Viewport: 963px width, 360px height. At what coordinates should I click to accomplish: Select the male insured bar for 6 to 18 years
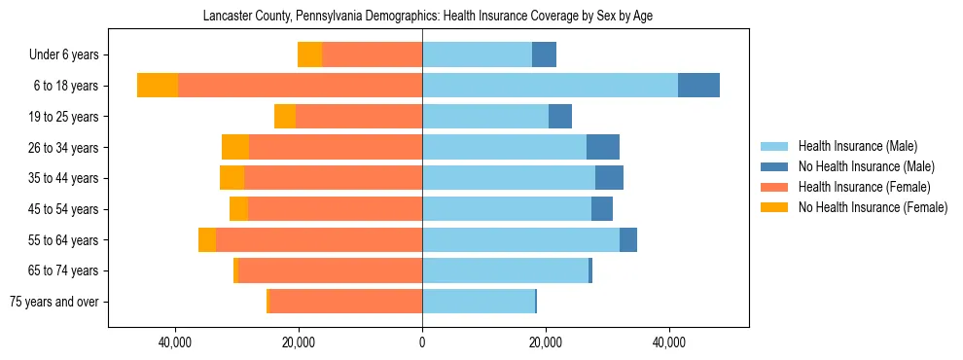click(550, 86)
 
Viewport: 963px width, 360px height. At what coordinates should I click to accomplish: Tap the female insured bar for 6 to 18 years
click(300, 86)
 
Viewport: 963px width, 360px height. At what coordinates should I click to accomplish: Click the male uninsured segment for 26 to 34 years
click(603, 147)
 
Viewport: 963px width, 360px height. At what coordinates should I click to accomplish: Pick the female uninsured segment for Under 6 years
click(309, 54)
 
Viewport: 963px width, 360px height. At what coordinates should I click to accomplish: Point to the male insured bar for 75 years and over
click(479, 302)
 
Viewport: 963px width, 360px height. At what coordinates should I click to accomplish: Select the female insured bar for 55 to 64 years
click(319, 239)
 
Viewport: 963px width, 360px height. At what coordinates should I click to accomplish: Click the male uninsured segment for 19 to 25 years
click(560, 117)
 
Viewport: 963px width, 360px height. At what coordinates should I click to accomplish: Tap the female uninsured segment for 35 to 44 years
click(232, 178)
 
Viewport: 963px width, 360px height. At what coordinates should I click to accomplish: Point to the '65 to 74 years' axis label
click(63, 270)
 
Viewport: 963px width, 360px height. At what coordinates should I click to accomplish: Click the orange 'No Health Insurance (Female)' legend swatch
click(775, 207)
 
